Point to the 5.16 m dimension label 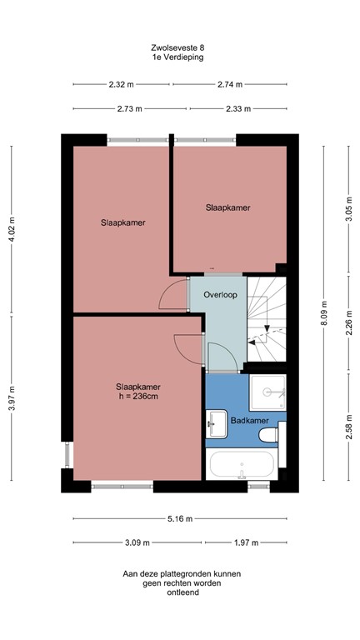point(179,518)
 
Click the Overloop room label point(220,295)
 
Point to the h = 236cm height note point(137,397)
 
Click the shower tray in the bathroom point(267,391)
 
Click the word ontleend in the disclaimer point(181,593)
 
